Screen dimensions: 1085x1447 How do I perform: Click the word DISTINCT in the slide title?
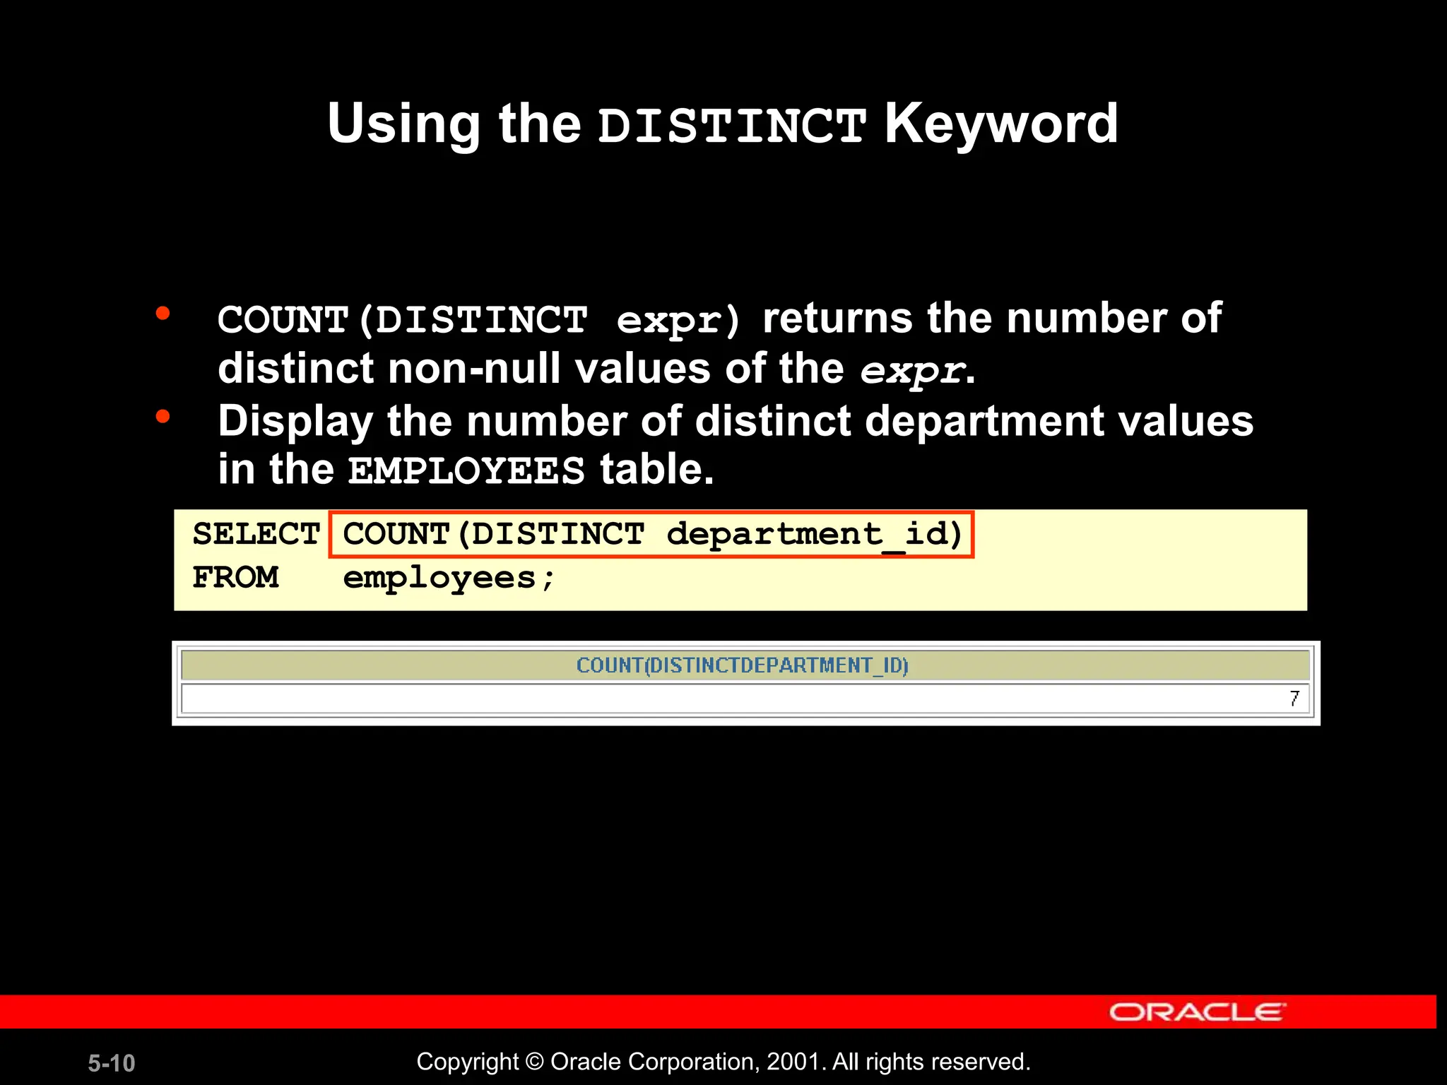pyautogui.click(x=731, y=126)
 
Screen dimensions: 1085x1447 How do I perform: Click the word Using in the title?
pyautogui.click(x=403, y=124)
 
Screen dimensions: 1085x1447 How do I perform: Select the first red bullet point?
pyautogui.click(x=163, y=313)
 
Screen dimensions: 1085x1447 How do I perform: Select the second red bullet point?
pyautogui.click(x=163, y=417)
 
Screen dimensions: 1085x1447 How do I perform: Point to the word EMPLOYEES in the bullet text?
pyautogui.click(x=466, y=471)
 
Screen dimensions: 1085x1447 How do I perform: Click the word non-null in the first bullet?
pyautogui.click(x=474, y=369)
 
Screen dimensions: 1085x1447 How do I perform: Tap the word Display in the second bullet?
pyautogui.click(x=295, y=422)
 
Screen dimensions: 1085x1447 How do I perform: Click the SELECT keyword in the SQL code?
pyautogui.click(x=256, y=534)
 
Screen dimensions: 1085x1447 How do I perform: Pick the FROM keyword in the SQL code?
pyautogui.click(x=236, y=578)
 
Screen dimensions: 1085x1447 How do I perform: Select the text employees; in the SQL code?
pyautogui.click(x=449, y=579)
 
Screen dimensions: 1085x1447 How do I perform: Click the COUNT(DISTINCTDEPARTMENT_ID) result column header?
pyautogui.click(x=742, y=665)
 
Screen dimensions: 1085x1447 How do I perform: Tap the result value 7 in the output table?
pyautogui.click(x=1294, y=699)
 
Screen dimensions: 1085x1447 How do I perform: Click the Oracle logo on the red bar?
pyautogui.click(x=1197, y=1012)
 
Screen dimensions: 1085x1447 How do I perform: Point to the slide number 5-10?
pyautogui.click(x=112, y=1063)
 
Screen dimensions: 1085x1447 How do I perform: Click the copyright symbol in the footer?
pyautogui.click(x=535, y=1062)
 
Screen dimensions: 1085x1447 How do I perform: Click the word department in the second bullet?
pyautogui.click(x=984, y=422)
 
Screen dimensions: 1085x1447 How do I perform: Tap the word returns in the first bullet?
pyautogui.click(x=837, y=318)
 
